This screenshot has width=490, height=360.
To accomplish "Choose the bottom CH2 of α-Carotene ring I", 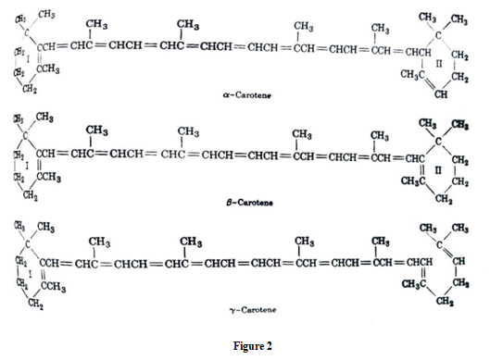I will click(31, 88).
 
